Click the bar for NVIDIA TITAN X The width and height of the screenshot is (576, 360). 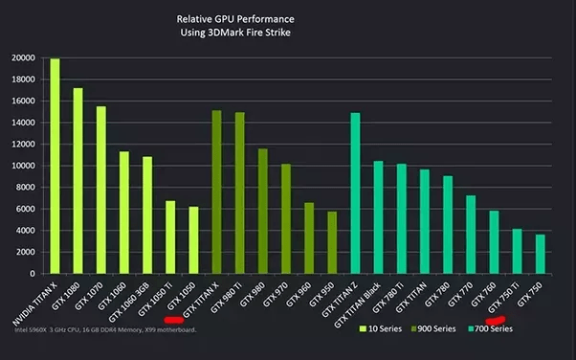(x=55, y=166)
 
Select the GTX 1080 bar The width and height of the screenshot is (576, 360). (x=78, y=181)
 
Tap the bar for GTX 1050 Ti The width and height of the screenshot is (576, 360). (x=170, y=237)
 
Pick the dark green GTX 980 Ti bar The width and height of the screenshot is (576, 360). (x=240, y=193)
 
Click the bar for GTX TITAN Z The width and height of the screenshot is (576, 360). (x=355, y=193)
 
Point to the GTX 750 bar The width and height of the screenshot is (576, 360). (x=540, y=254)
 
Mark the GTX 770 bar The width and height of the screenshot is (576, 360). (x=471, y=235)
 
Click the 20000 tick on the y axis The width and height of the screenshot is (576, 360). (x=24, y=58)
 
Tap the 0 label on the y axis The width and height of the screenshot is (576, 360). (x=33, y=274)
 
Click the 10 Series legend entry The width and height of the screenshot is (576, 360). (x=381, y=328)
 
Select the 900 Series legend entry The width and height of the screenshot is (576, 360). (x=433, y=328)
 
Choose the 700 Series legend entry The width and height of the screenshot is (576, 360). (x=490, y=328)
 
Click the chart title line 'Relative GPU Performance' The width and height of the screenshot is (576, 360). (x=235, y=19)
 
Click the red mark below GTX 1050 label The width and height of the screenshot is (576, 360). (x=174, y=320)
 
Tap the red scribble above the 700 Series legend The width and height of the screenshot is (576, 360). (x=496, y=321)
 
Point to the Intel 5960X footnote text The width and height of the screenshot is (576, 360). (x=105, y=330)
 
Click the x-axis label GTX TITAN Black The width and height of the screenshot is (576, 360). (x=358, y=304)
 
